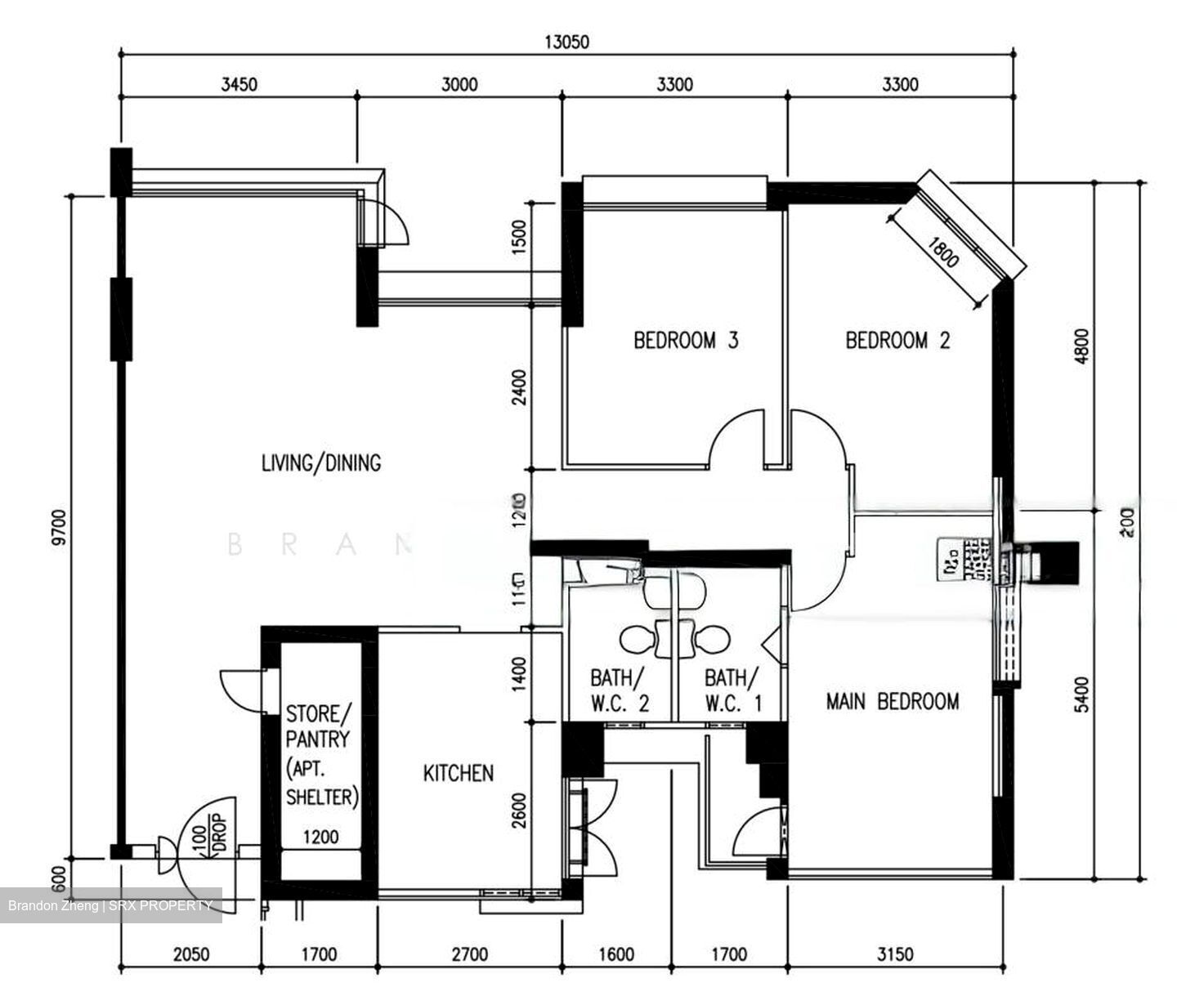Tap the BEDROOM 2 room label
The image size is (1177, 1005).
tap(897, 340)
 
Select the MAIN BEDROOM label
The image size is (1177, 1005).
tap(892, 701)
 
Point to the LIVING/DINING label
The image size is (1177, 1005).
tap(321, 462)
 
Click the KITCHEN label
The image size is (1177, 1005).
tap(458, 772)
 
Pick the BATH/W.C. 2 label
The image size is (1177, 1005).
tap(620, 690)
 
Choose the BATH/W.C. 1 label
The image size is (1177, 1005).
tap(733, 690)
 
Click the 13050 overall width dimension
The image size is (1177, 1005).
tap(566, 42)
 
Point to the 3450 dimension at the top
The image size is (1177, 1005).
tap(239, 84)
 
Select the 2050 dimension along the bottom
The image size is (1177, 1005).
tap(191, 954)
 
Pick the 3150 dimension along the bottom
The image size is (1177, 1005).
tap(895, 954)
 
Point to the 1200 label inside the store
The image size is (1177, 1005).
tap(320, 837)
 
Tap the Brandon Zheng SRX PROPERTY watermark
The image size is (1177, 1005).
tap(110, 905)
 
